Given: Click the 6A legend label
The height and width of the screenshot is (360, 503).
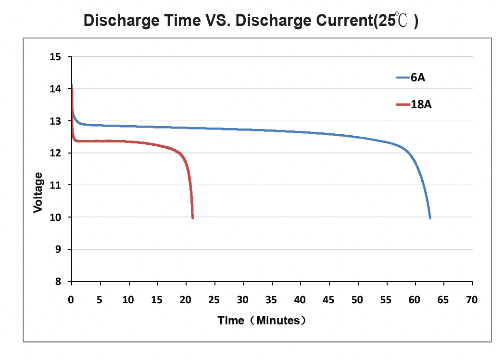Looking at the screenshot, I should tap(418, 77).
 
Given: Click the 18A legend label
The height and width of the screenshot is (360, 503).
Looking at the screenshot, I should tap(421, 104).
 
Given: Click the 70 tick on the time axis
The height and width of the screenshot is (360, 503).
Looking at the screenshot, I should tap(472, 300).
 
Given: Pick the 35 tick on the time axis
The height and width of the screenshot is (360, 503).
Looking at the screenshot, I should tap(272, 300).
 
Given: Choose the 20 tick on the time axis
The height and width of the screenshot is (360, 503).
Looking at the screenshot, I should tap(186, 300).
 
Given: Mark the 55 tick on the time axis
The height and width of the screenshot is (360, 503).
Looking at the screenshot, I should tap(386, 300).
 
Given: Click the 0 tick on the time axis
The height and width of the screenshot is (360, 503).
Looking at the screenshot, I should tap(71, 300).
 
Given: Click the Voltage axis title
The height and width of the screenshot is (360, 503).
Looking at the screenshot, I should tap(38, 193).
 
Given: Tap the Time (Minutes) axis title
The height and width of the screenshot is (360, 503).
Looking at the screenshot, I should tap(262, 321).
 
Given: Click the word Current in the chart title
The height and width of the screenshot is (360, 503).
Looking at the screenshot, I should tap(336, 21).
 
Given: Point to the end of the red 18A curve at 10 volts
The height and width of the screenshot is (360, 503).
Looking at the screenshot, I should tap(192, 218).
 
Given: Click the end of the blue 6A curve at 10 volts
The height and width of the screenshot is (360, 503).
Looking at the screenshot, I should tap(429, 218).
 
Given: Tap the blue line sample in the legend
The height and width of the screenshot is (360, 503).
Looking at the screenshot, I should tap(402, 77).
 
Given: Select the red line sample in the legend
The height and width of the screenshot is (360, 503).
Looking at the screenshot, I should tap(402, 104).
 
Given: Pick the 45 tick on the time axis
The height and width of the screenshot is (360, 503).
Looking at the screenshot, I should tap(329, 300).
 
